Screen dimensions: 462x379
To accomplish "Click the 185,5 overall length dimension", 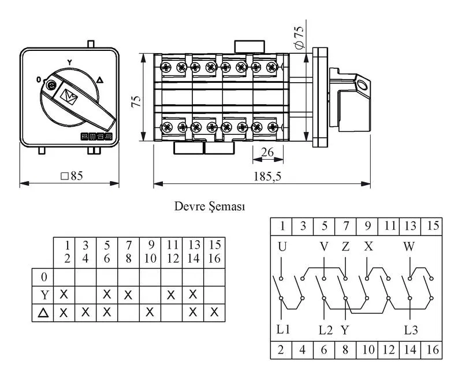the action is coord(267,176).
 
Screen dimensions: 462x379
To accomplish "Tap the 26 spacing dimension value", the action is coord(267,152).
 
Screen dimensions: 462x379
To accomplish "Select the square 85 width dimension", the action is coord(72,176).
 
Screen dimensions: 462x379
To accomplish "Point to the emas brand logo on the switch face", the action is coord(96,137).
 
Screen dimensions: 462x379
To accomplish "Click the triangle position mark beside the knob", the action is coord(100,80).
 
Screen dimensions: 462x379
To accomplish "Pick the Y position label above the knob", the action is coord(69,62).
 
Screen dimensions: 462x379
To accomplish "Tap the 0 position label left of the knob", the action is coord(38,79).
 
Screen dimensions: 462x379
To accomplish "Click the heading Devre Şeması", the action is coord(210,206).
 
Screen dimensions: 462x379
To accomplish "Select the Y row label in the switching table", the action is coord(44,295).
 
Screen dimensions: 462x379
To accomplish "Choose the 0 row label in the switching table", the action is coord(44,277).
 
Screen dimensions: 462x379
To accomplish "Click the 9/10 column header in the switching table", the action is coord(150,252).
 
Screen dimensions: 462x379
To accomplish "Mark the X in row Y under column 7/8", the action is coord(128,295).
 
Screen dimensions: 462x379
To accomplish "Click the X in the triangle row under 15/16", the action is coord(214,312).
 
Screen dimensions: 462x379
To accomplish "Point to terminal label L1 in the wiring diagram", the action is coord(283,329).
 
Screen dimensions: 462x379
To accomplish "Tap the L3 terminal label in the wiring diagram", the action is coord(411,330).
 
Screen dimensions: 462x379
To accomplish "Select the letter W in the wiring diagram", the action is coord(409,246).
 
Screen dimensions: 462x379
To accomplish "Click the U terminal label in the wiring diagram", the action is coord(282,246).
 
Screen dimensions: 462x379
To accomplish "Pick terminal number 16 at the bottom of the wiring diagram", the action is coord(432,349).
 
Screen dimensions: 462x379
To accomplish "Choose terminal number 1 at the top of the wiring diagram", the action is coord(282,226).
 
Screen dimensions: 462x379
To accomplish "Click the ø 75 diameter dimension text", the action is coord(299,38).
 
